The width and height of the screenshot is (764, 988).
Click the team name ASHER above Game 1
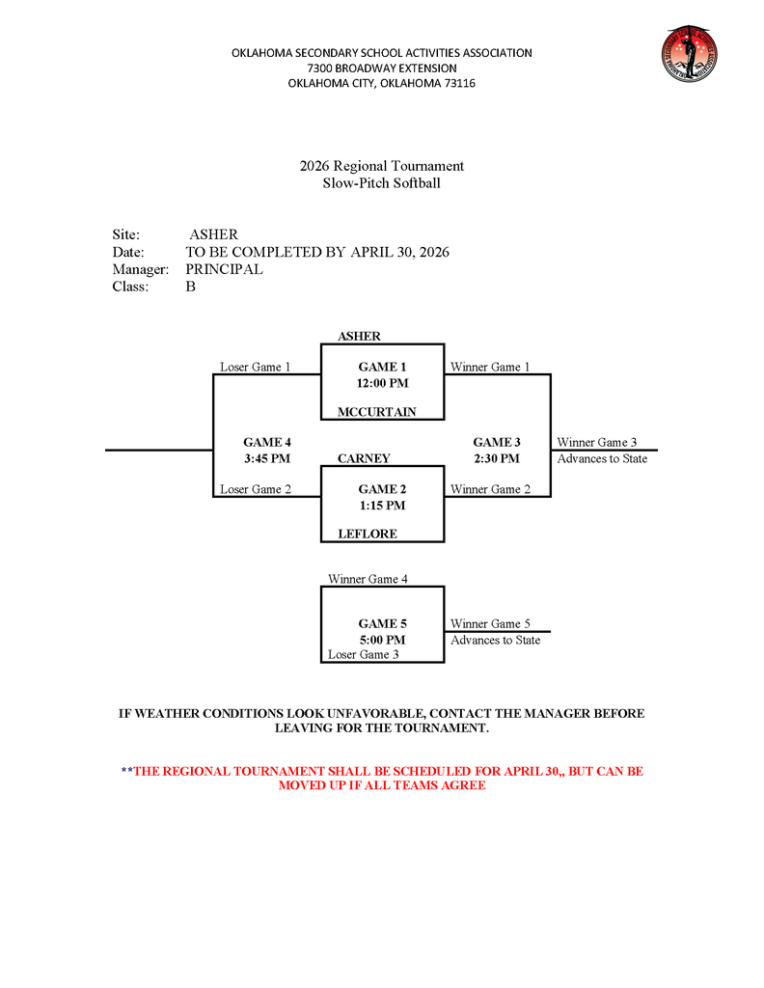pos(359,337)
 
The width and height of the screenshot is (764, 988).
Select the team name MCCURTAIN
pos(376,412)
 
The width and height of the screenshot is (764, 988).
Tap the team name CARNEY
pos(364,458)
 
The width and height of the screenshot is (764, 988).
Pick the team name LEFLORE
pos(367,534)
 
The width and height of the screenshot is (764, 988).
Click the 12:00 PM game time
pos(382,383)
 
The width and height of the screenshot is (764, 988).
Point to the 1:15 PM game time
pos(382,506)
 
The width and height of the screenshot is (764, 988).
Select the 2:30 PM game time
pos(496,458)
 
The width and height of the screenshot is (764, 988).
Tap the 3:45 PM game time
pos(267,458)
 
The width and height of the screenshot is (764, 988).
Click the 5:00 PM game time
pos(382,640)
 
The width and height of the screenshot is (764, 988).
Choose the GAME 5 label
pos(382,623)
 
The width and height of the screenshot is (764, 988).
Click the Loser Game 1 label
pos(255,367)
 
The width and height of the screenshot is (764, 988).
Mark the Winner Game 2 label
pos(490,489)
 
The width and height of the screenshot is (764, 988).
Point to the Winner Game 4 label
pos(368,579)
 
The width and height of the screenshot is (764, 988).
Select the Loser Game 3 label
pos(363,655)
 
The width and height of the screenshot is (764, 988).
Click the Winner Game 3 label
pos(596,442)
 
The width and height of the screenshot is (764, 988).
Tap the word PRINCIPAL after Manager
pos(224,269)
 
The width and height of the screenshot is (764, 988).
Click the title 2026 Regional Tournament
pos(381,166)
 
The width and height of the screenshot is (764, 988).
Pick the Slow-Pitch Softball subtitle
pos(381,183)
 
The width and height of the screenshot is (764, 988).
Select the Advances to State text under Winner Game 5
pos(495,640)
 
